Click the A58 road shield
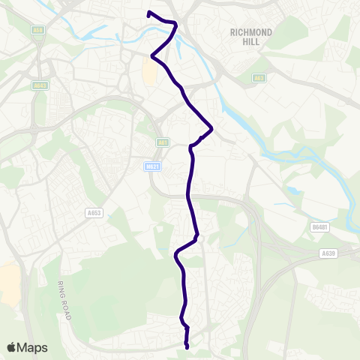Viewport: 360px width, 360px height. coord(37,30)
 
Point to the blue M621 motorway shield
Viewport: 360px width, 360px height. coord(153,166)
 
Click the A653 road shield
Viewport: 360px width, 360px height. coord(94,213)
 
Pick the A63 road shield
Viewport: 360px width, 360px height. coord(259,77)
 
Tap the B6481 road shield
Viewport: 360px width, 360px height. coord(320,226)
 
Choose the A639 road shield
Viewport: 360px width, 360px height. coord(328,253)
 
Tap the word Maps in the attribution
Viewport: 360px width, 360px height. coord(33,347)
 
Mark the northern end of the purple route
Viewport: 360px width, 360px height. coord(148,13)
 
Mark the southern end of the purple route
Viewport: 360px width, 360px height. coord(186,346)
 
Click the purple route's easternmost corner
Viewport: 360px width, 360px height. coord(212,129)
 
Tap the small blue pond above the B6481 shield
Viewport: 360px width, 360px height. coord(290,190)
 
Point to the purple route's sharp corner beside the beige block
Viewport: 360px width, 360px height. coord(152,56)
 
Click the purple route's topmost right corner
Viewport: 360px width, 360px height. coord(176,24)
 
